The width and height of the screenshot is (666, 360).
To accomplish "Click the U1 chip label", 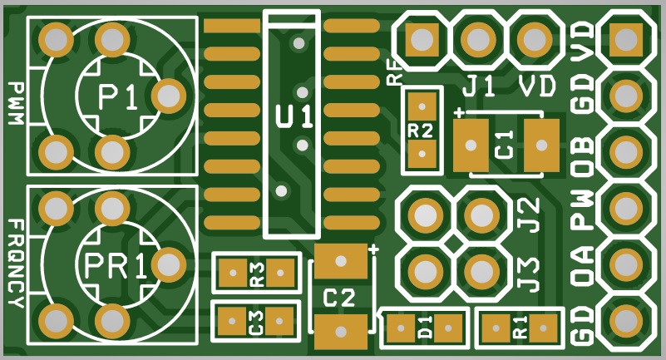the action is point(294,116).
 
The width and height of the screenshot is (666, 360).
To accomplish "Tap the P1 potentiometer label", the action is point(118,96).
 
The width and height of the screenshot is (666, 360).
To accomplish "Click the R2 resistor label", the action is point(421,131).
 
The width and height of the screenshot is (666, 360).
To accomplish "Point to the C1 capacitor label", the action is point(505,145).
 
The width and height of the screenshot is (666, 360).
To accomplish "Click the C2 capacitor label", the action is point(338,298).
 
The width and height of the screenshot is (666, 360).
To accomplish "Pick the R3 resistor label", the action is point(257,274).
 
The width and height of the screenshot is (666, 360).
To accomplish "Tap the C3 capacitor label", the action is point(257,322).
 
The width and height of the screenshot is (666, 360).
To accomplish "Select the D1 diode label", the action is point(425,328).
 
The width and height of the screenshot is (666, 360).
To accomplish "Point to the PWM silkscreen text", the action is point(16,103).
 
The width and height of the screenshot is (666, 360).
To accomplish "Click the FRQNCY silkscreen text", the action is point(16,264).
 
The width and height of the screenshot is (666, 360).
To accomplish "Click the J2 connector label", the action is point(530,215).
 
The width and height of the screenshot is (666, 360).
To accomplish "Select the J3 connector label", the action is point(530,274).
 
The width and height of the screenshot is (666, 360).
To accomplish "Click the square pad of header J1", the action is point(422,39).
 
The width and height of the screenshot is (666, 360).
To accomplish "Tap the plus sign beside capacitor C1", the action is point(459,113).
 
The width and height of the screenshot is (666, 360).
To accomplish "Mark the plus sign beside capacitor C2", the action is point(374,249).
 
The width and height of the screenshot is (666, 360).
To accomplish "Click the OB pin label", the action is point(582,156).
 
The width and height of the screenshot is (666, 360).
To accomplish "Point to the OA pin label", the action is point(582,266).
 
